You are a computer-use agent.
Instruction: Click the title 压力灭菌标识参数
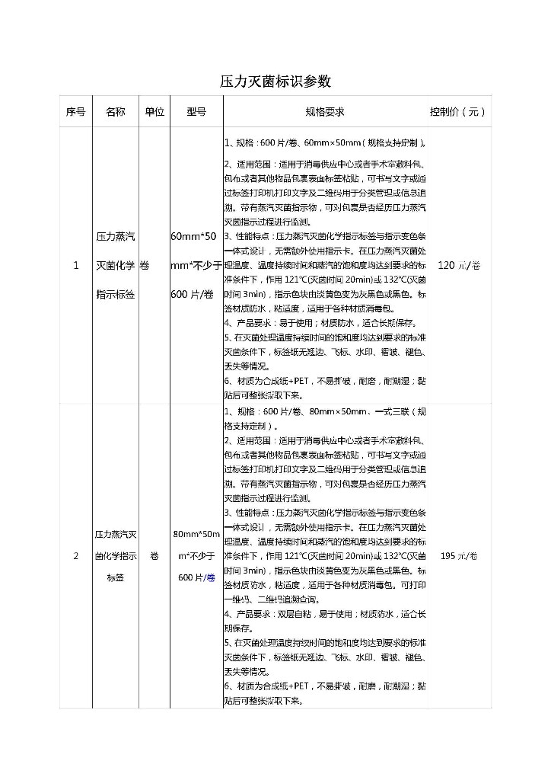(x=275, y=82)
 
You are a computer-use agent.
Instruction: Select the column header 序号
(x=75, y=111)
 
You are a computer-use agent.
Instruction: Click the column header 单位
(x=154, y=111)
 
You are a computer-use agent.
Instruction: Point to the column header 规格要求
(x=325, y=111)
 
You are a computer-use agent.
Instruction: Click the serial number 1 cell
(x=75, y=265)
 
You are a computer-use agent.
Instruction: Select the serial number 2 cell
(x=75, y=556)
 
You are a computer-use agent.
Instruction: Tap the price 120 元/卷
(x=459, y=265)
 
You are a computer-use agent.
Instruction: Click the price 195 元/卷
(x=459, y=556)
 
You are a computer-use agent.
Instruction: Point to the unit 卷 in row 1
(x=145, y=265)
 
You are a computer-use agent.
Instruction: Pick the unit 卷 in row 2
(x=154, y=556)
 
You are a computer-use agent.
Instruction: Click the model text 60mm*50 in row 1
(x=196, y=236)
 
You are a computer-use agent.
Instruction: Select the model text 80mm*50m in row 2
(x=196, y=534)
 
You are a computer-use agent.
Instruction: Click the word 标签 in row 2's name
(x=116, y=578)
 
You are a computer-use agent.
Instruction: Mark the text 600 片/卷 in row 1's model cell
(x=192, y=294)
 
